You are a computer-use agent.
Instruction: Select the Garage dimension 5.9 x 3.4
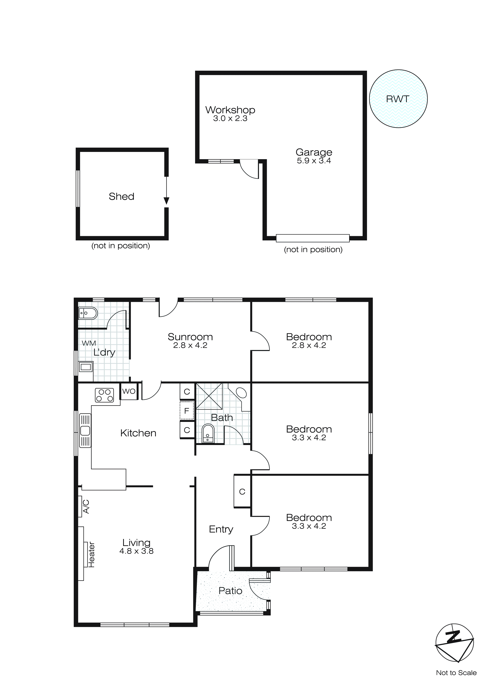coord(314,161)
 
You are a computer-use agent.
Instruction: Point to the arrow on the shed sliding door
coord(166,201)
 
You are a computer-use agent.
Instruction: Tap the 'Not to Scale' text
coord(456,672)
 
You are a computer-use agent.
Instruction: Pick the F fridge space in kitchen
coord(187,411)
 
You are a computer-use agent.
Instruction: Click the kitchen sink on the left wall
coord(85,431)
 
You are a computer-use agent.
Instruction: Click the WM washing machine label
coord(89,343)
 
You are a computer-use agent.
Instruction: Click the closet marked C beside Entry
coord(242,491)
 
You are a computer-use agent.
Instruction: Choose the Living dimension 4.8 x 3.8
coord(136,551)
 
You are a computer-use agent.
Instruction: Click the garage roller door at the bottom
coord(312,238)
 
